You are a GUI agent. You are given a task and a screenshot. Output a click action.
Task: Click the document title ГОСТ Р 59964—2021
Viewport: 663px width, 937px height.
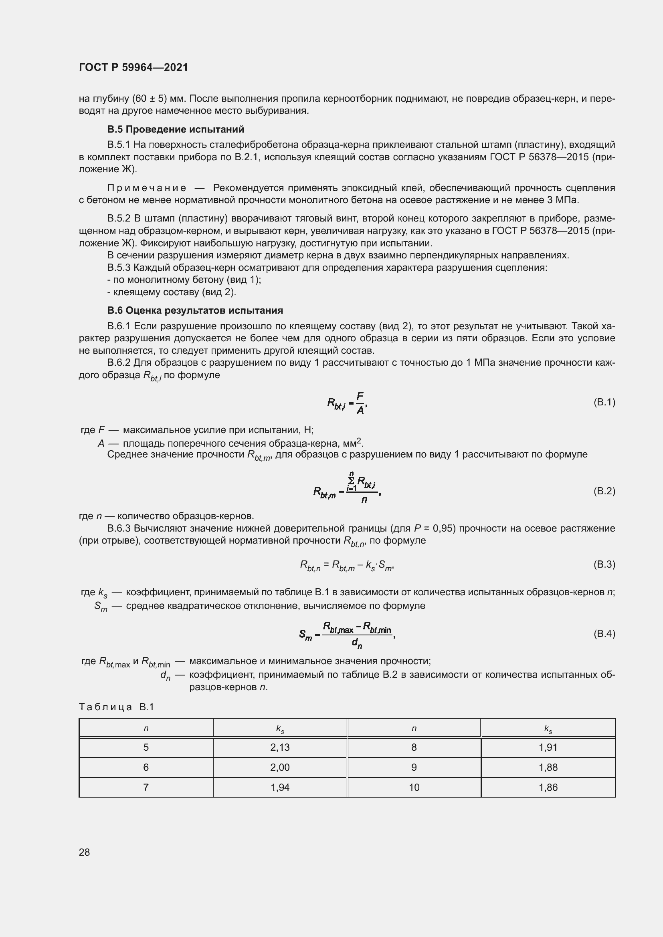[x=133, y=67]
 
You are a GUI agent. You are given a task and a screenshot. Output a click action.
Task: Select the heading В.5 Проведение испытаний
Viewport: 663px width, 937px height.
[x=176, y=129]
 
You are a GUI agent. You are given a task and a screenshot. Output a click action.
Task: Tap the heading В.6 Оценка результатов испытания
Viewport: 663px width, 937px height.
[x=195, y=310]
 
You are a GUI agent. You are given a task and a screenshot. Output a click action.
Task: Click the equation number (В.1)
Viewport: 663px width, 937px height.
[x=604, y=402]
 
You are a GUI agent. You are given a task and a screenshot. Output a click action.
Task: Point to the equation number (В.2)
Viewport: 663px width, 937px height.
[x=604, y=491]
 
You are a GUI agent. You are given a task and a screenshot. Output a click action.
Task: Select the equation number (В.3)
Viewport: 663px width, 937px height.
[x=604, y=564]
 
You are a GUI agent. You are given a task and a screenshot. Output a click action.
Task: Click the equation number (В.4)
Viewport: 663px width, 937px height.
[x=604, y=633]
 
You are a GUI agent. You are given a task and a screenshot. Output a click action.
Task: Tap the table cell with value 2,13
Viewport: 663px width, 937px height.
[x=280, y=747]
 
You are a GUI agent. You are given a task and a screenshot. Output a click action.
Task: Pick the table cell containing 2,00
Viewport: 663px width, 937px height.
[x=280, y=767]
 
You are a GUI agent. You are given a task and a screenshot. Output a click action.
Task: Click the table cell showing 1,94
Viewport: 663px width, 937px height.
[x=280, y=787]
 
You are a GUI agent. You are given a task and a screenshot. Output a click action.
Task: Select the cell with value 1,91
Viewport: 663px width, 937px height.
[x=548, y=747]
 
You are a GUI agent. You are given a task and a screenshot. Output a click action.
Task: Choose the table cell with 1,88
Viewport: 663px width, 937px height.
[x=548, y=767]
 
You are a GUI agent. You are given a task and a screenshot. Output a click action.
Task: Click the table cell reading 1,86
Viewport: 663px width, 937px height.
[x=548, y=787]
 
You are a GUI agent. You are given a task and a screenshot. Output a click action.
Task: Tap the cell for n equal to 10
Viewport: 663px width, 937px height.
[x=414, y=787]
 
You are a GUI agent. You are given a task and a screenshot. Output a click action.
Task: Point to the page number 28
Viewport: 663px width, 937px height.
[x=85, y=852]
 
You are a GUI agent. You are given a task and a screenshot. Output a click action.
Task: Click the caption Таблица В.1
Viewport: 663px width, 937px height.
[x=116, y=707]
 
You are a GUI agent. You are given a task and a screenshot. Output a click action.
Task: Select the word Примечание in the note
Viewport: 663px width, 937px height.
[x=147, y=188]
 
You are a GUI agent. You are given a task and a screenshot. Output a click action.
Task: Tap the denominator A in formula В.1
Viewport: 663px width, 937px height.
[x=360, y=411]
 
